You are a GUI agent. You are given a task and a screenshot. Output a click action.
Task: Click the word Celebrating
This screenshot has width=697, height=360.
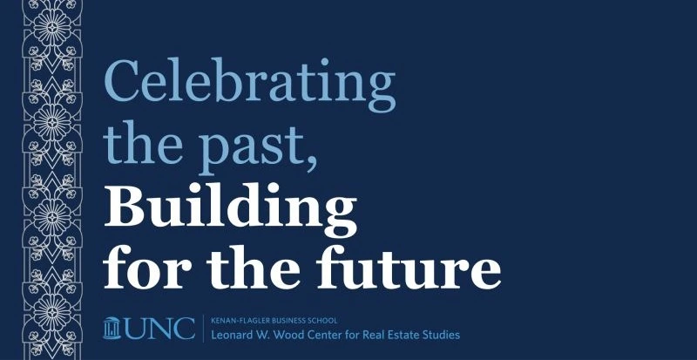[x=250, y=85]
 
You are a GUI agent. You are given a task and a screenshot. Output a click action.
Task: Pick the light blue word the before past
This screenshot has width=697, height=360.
[x=143, y=142]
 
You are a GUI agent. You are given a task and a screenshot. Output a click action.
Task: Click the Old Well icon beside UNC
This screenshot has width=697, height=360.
[x=112, y=328]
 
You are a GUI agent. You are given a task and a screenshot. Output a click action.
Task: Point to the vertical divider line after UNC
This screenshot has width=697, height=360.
[x=204, y=329]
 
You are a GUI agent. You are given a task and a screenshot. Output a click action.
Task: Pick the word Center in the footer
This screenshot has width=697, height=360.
[x=313, y=335]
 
